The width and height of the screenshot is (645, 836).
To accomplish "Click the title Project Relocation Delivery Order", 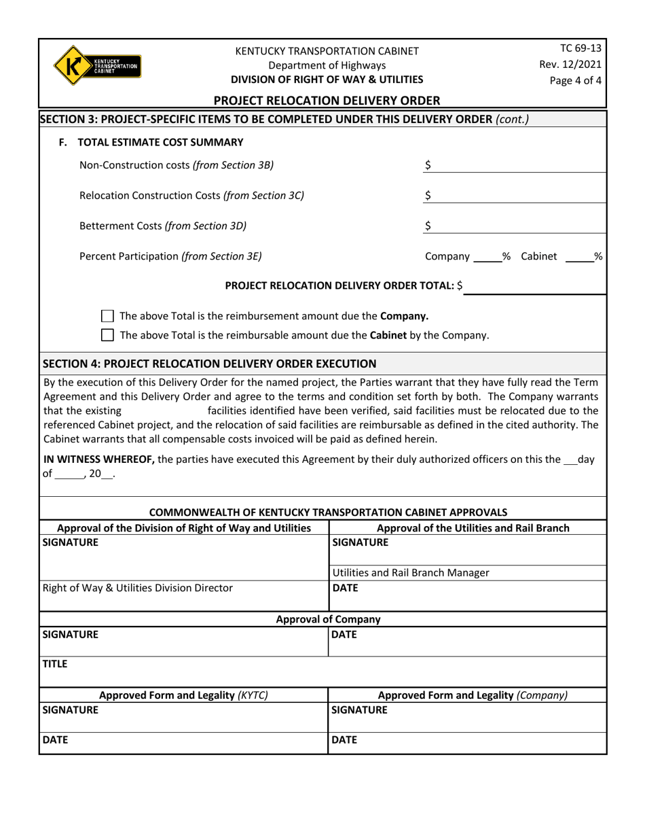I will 327,101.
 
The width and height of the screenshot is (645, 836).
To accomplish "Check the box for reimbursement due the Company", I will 107,316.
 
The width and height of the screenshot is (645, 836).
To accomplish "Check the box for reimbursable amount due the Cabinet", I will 107,335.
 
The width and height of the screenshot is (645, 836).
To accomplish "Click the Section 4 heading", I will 210,363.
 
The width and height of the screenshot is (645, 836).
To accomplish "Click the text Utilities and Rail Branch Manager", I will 410,572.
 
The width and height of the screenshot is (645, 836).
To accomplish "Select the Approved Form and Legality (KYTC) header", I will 184,695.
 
